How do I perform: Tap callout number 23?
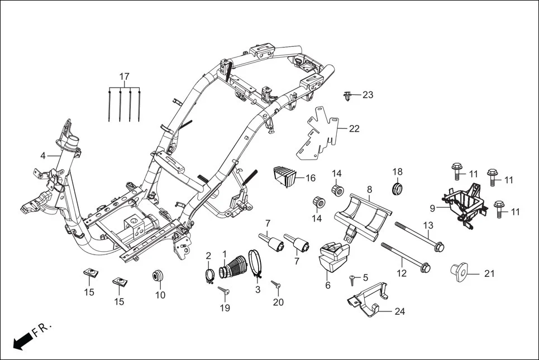click(368, 95)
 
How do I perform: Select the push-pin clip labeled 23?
click(348, 97)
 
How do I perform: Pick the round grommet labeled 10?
click(159, 276)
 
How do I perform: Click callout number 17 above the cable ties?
click(124, 76)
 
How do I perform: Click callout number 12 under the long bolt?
click(402, 273)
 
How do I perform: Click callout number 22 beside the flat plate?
click(354, 129)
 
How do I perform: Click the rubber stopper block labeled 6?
click(330, 257)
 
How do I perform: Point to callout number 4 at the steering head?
click(43, 156)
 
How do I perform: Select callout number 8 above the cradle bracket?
click(369, 190)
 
